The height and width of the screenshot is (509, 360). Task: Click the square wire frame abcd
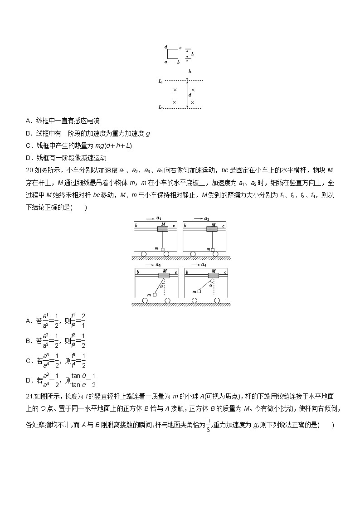coord(173,54)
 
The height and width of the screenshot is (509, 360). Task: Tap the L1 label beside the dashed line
coord(161,81)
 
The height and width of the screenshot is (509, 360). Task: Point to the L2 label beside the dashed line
coord(161,108)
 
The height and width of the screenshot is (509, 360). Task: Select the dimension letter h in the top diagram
coord(190,71)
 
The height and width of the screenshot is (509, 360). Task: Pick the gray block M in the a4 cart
coord(213,275)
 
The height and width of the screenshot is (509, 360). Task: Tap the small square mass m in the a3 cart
coord(155,295)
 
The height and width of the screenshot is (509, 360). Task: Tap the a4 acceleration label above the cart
coord(203,264)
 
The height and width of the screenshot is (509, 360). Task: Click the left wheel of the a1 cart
coord(143,254)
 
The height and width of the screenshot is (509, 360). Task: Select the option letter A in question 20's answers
coord(29,321)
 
